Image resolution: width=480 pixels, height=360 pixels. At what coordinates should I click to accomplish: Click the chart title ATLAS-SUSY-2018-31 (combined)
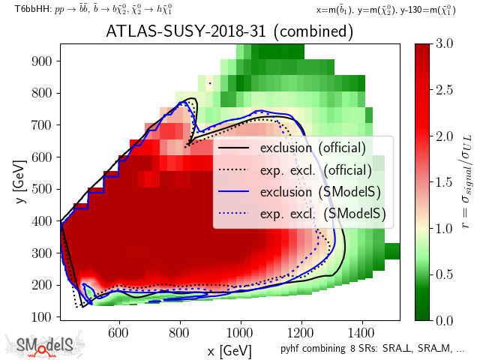coord(229,32)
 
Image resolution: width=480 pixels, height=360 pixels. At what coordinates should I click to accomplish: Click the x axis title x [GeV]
coord(229,350)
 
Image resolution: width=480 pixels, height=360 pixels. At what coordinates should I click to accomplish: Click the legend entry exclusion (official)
coord(313,148)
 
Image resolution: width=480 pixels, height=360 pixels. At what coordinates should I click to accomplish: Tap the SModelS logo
coord(45,345)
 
